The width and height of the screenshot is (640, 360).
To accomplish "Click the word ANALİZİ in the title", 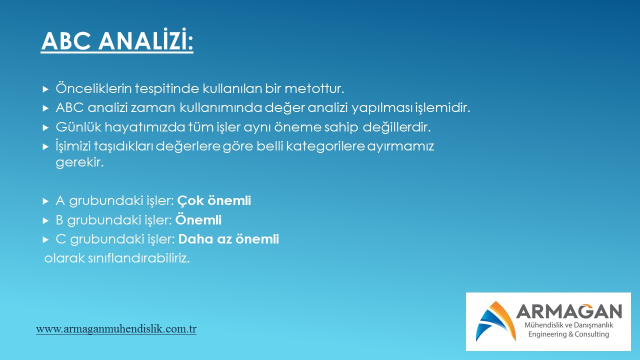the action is pyautogui.click(x=146, y=40).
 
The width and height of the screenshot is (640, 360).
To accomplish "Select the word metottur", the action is pyautogui.click(x=314, y=88).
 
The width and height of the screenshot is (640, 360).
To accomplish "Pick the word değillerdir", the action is pyautogui.click(x=396, y=127).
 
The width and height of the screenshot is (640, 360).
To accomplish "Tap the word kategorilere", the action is pyautogui.click(x=325, y=146).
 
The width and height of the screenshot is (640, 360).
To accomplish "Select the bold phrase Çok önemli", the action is pyautogui.click(x=214, y=200).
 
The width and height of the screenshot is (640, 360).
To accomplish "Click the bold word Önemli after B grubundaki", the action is pyautogui.click(x=198, y=219).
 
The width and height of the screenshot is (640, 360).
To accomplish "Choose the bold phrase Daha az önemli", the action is pyautogui.click(x=228, y=239).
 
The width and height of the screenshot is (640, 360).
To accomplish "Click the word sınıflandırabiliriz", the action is pyautogui.click(x=138, y=258).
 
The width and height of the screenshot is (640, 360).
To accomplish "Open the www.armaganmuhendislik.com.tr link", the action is pyautogui.click(x=116, y=329).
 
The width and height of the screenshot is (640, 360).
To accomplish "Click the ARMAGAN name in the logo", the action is pyautogui.click(x=569, y=311).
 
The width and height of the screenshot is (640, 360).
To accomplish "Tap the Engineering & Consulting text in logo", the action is pyautogui.click(x=568, y=334).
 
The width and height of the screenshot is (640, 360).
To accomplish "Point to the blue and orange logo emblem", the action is pyautogui.click(x=495, y=321).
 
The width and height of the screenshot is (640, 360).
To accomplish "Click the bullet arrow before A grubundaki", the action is pyautogui.click(x=45, y=201).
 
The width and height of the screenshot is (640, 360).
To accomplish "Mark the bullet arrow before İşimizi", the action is pyautogui.click(x=45, y=147).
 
